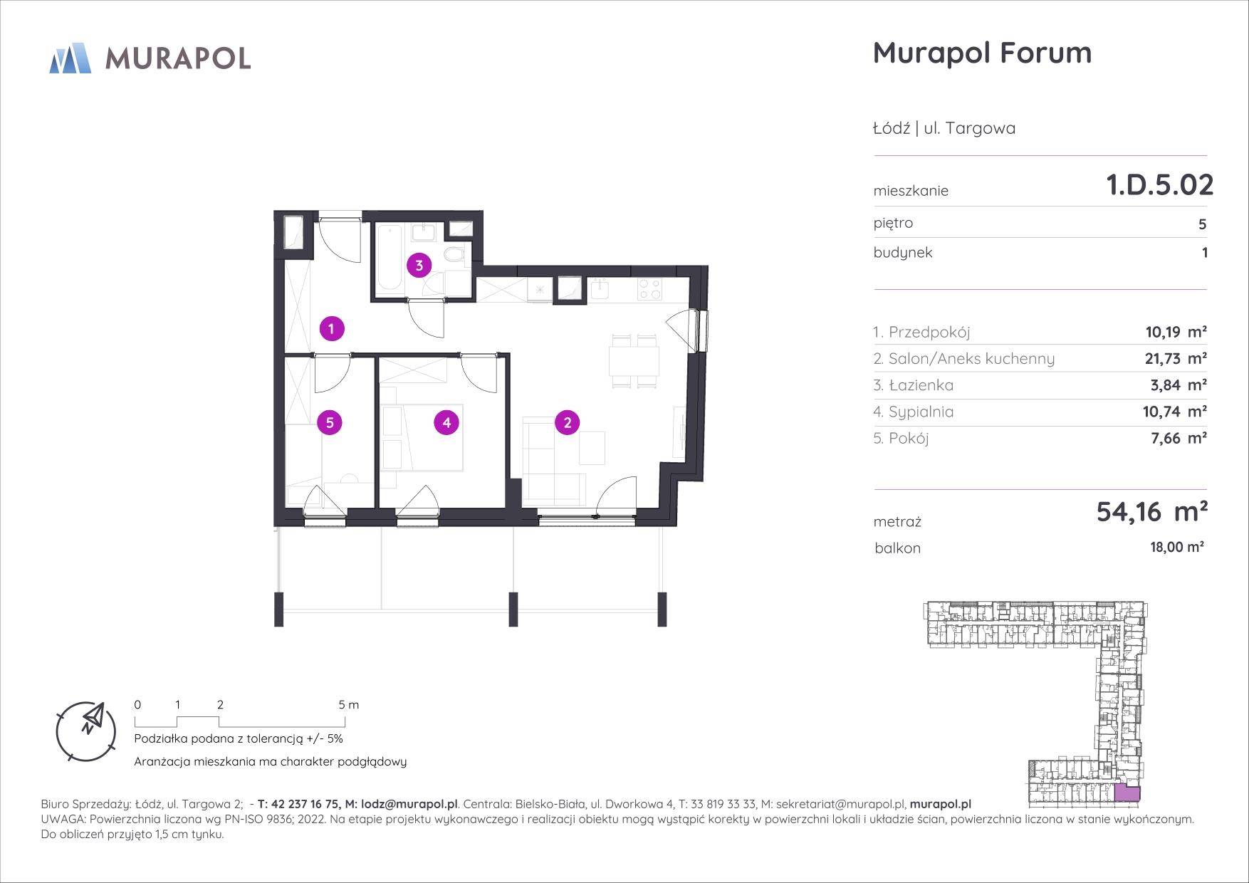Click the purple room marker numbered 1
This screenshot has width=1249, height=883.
point(332,329)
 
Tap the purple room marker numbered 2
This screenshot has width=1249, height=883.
point(568,423)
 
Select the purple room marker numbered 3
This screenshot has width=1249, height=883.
point(419,266)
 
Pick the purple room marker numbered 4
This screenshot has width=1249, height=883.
point(446,423)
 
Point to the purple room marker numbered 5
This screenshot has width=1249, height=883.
point(330,423)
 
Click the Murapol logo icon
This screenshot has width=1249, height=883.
point(70,58)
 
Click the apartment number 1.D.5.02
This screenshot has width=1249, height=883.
point(1159,185)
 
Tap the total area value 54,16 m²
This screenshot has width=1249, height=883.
point(1151,511)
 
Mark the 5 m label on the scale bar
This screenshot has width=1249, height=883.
point(349,705)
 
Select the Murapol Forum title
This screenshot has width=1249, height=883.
point(982,53)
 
